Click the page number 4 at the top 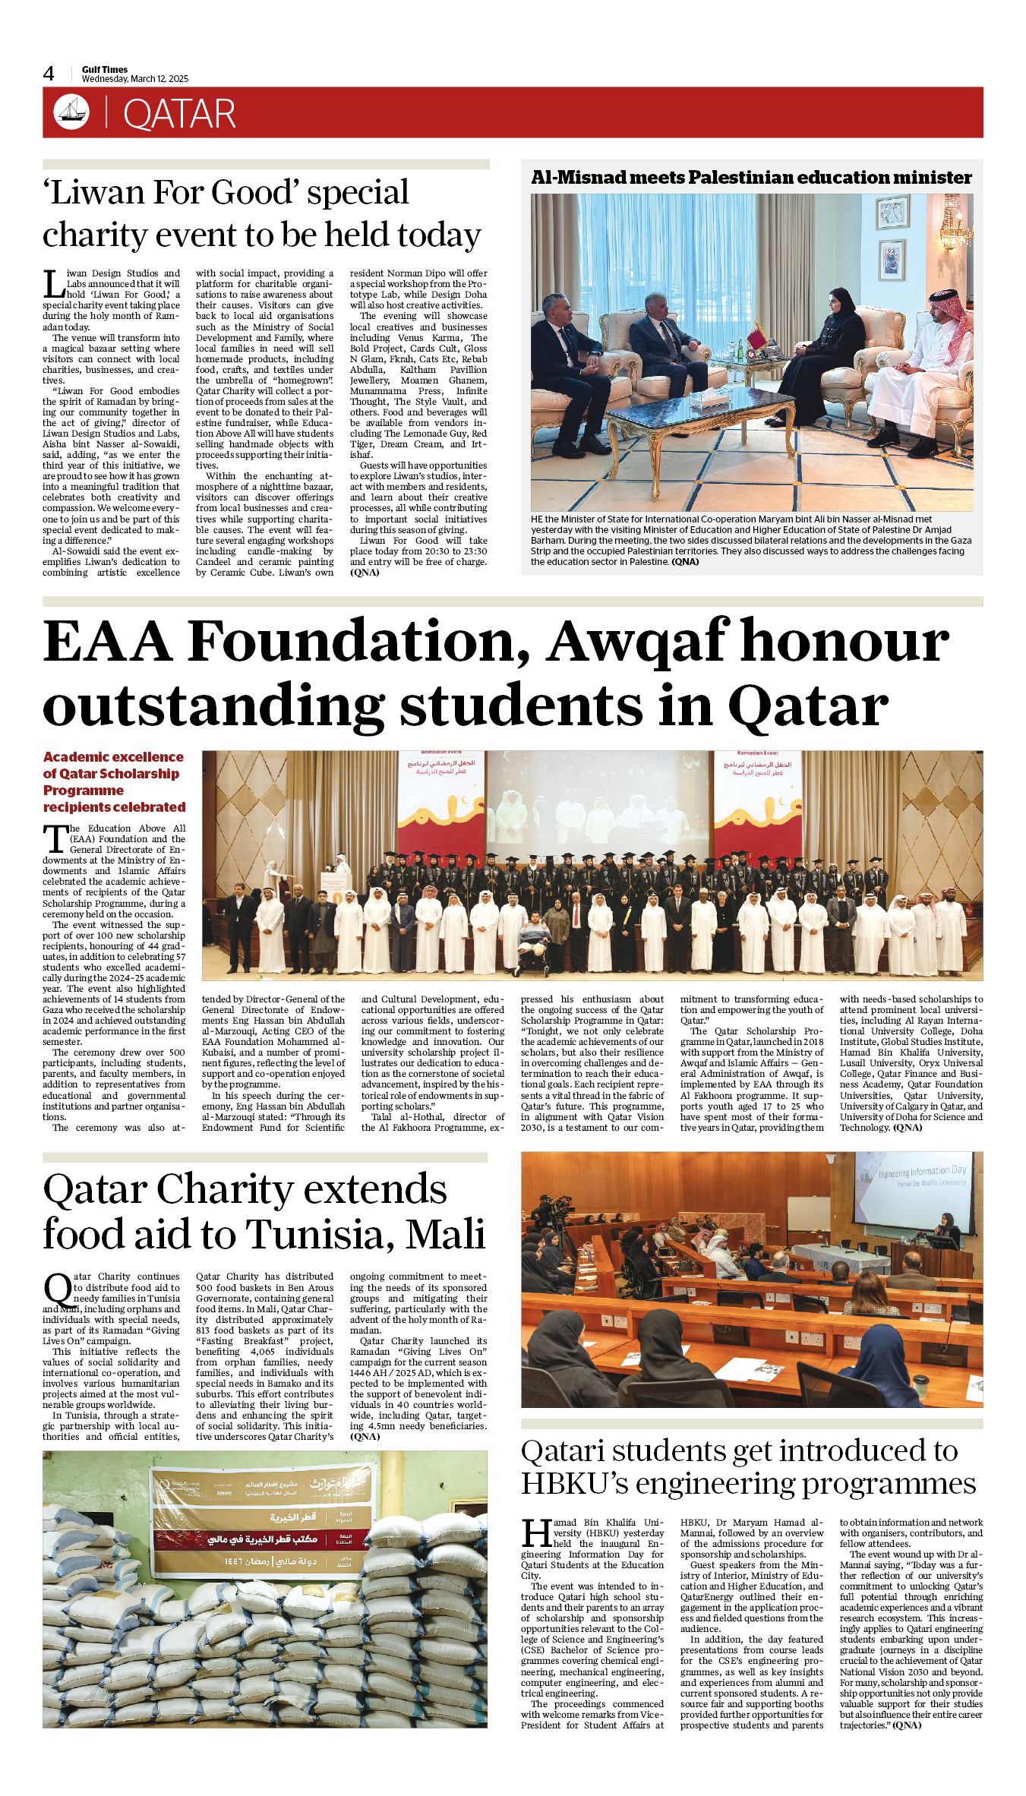(49, 74)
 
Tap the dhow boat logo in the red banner (71, 113)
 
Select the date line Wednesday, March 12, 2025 (135, 79)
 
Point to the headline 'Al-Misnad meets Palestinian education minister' (751, 178)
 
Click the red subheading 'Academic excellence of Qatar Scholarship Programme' (114, 781)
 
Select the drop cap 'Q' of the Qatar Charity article (58, 1289)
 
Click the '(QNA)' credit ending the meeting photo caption (685, 562)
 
